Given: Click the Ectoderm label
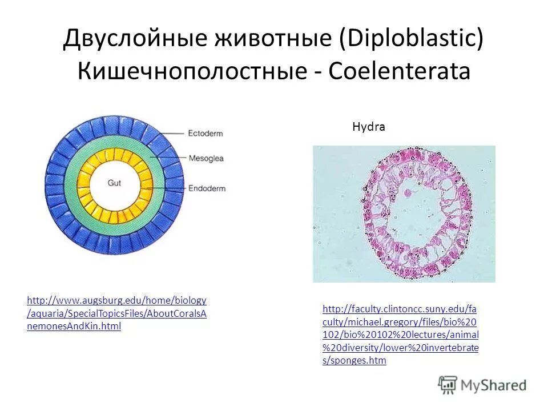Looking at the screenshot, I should click(205, 133).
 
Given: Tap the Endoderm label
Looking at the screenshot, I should click(206, 188).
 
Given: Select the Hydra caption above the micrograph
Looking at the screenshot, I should click(368, 127).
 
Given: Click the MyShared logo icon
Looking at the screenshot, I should click(448, 385).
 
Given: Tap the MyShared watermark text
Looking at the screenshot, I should click(494, 385).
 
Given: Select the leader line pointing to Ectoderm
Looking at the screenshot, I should click(166, 133).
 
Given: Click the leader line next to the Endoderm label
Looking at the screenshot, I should click(166, 188).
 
